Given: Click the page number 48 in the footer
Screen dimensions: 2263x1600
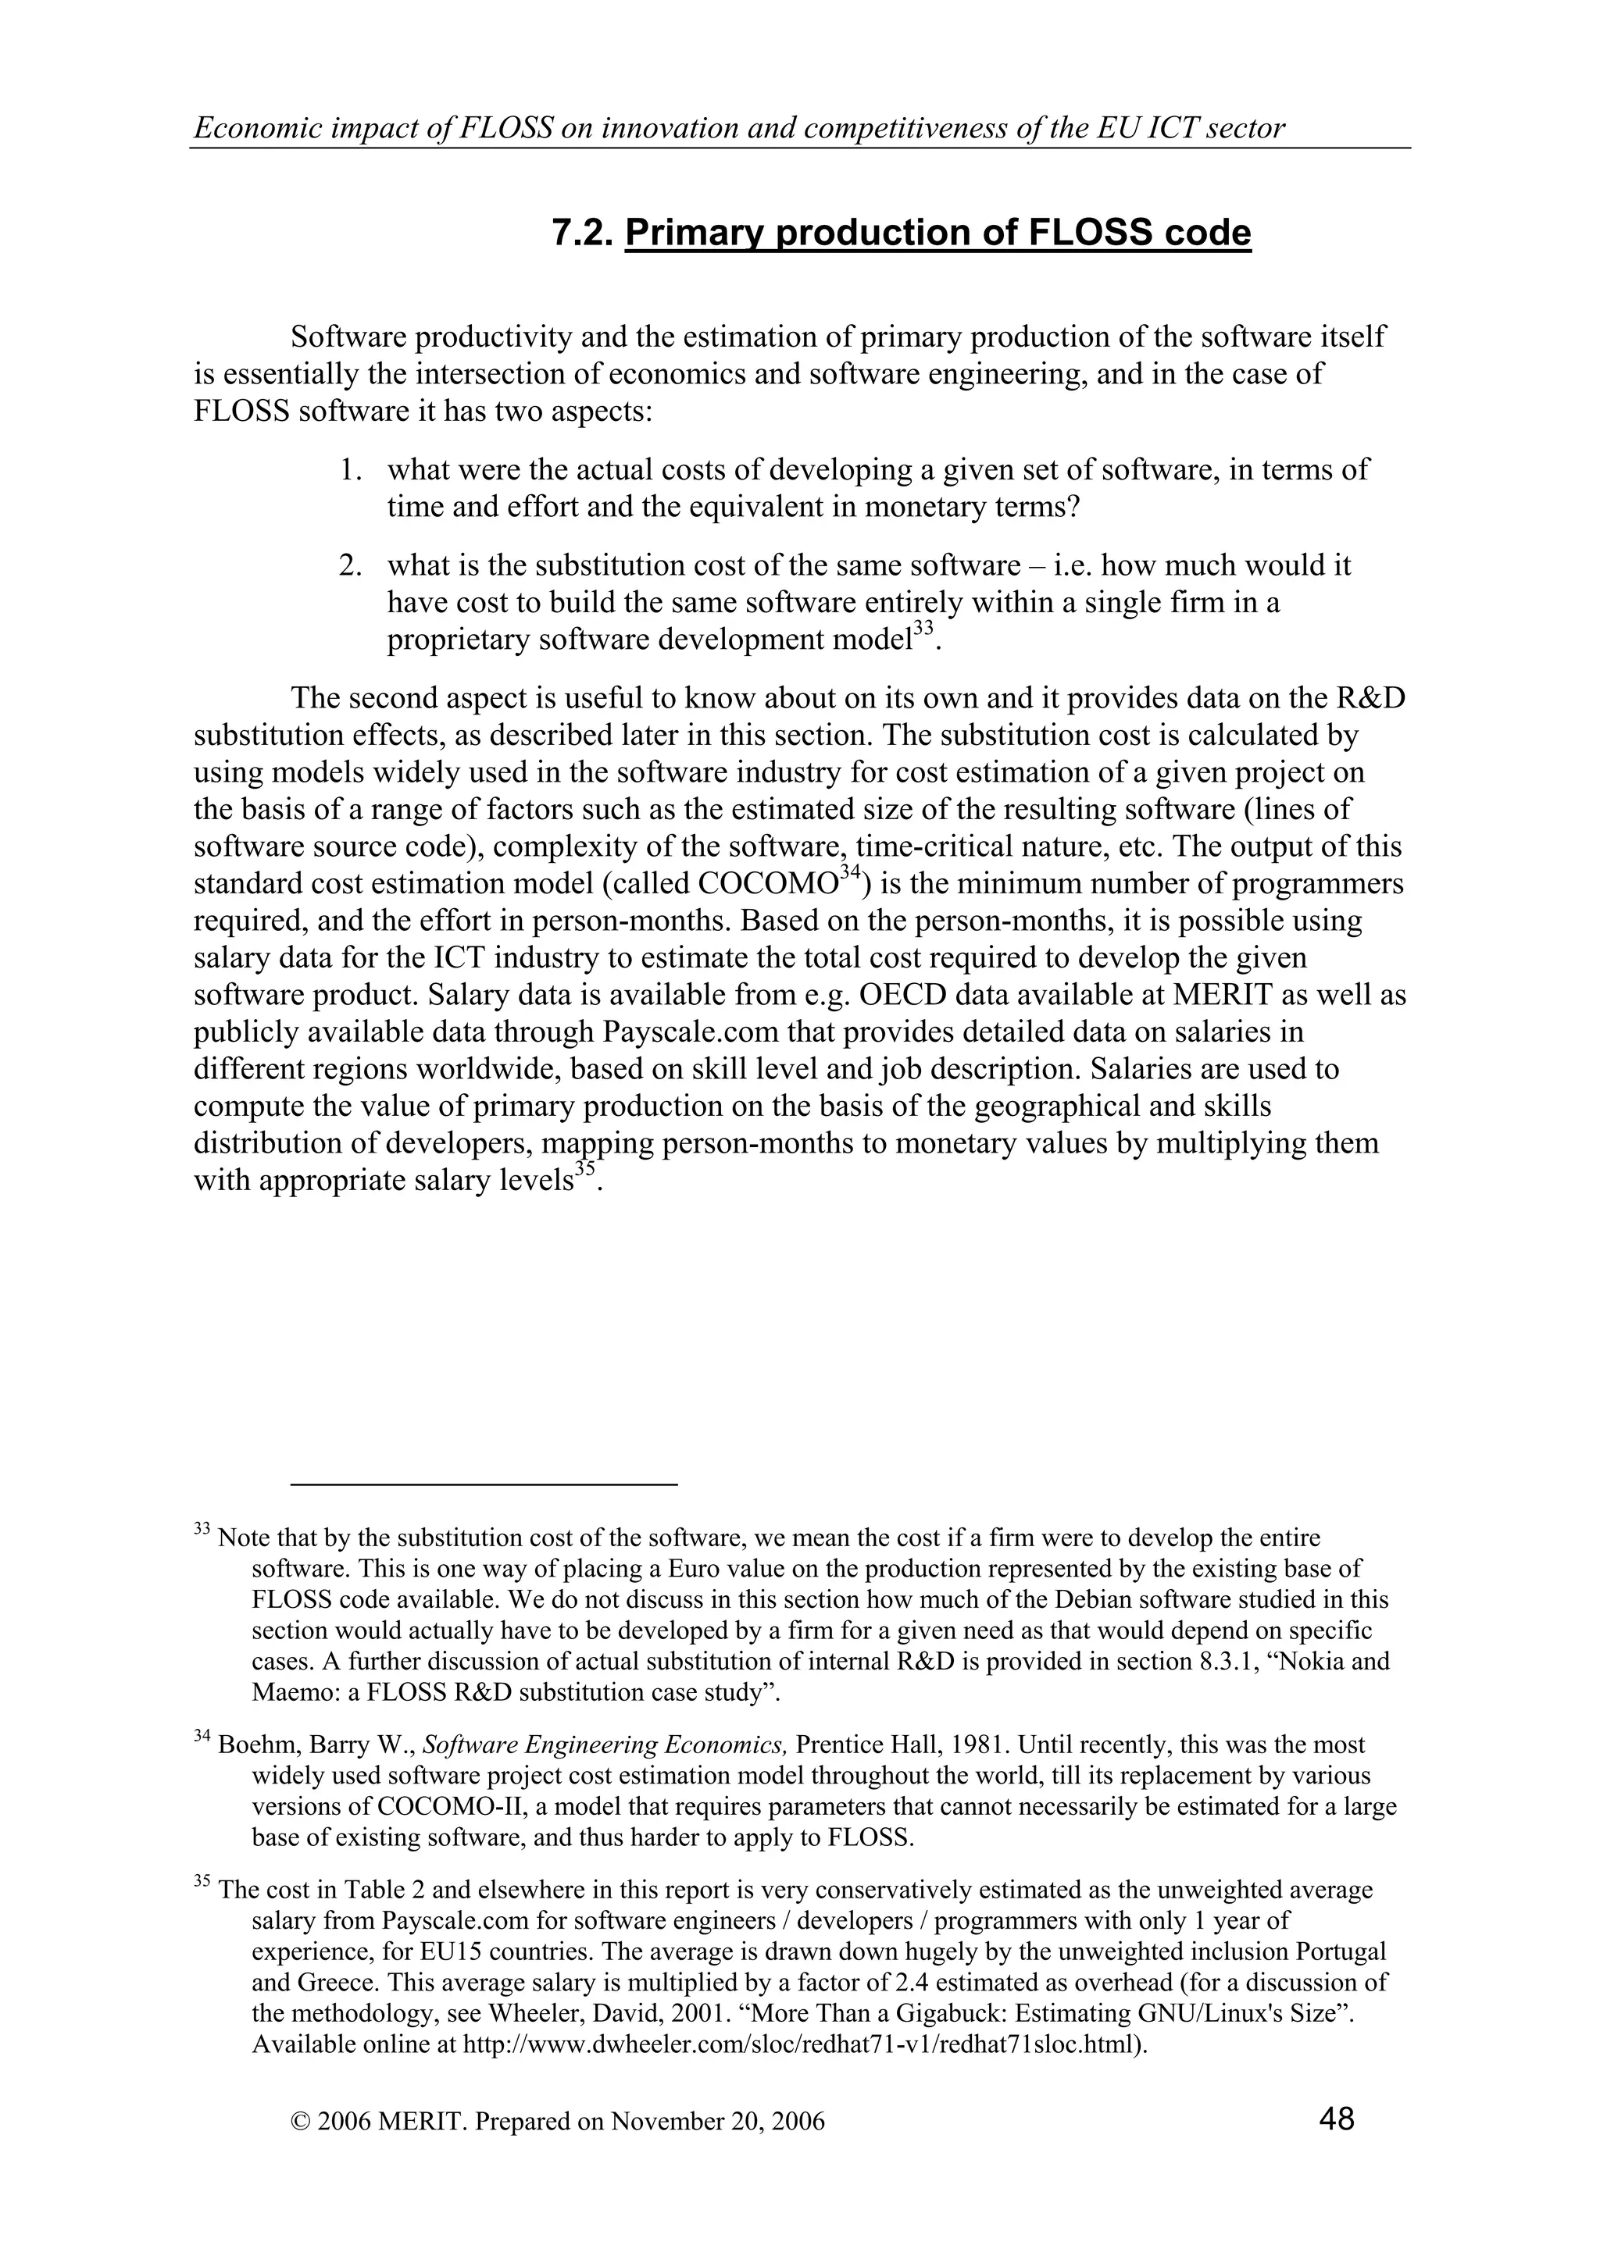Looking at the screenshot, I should point(1336,2117).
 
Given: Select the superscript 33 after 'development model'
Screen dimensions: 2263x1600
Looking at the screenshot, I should point(923,628).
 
